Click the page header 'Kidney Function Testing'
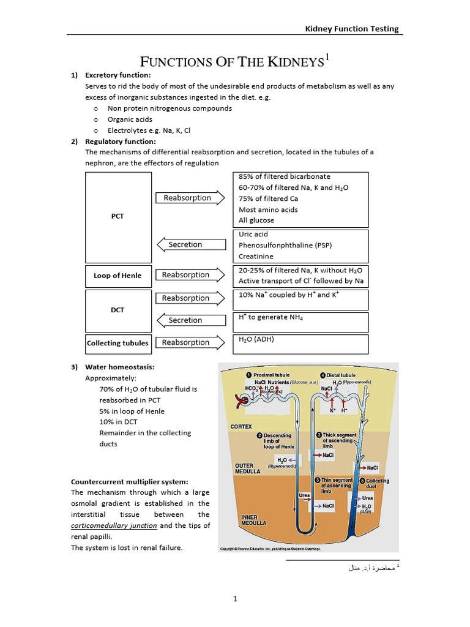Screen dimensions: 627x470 coord(352,28)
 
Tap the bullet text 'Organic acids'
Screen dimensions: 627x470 coord(130,119)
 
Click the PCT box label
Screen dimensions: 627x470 coord(117,217)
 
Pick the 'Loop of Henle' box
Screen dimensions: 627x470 coord(117,276)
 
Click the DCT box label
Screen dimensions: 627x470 coord(117,310)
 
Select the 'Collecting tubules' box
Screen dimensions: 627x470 coord(117,344)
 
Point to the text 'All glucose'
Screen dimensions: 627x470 coord(256,220)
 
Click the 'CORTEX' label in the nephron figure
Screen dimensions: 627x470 coord(241,426)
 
